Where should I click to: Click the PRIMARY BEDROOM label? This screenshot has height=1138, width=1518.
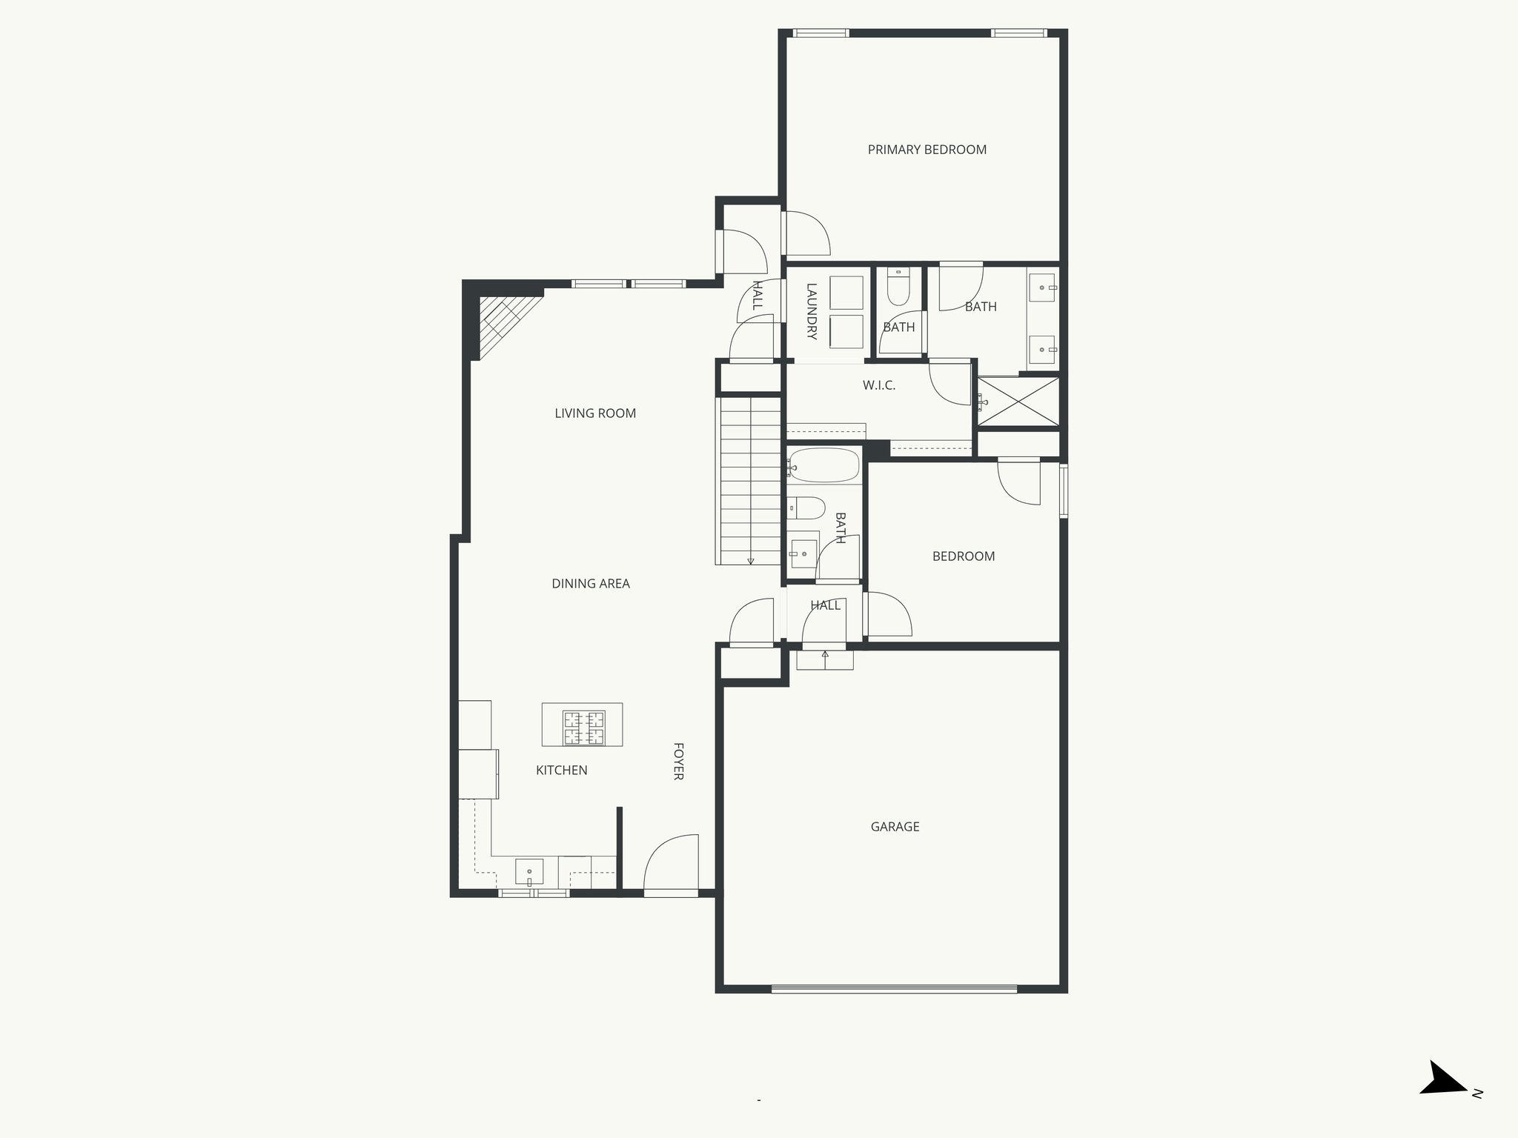coord(927,150)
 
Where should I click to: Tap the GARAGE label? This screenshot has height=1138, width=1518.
coord(895,826)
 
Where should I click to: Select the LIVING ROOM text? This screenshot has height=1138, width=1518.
coord(595,413)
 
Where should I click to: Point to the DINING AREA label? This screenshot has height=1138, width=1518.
coord(591,584)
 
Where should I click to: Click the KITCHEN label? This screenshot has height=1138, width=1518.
coord(562,771)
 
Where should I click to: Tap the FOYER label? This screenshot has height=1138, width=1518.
coord(677,761)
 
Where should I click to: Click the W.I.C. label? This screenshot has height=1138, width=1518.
coord(879,385)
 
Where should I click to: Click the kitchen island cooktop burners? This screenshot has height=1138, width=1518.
coord(584,728)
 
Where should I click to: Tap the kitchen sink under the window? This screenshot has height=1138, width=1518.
coord(529,872)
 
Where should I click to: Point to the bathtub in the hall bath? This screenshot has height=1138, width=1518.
coord(823,466)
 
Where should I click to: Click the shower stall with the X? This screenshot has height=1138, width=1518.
coord(1018,402)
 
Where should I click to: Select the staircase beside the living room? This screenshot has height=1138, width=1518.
coord(750,482)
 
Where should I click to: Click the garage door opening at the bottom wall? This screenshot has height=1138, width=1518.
coord(894,988)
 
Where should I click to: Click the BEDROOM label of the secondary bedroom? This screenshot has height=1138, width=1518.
coord(963,556)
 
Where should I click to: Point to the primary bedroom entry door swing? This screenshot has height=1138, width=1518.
coord(806,233)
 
